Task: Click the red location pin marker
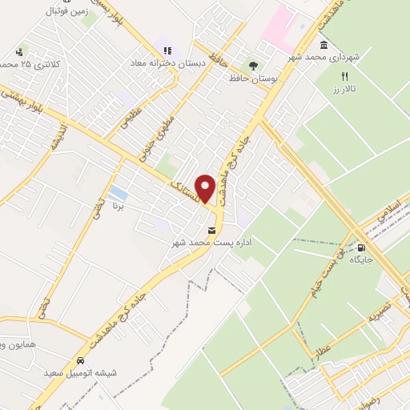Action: tap(206, 188)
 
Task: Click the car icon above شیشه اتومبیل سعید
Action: tap(82, 360)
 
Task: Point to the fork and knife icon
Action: tap(345, 78)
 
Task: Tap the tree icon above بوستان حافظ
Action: tap(254, 66)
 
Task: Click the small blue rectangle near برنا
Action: tap(118, 194)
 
